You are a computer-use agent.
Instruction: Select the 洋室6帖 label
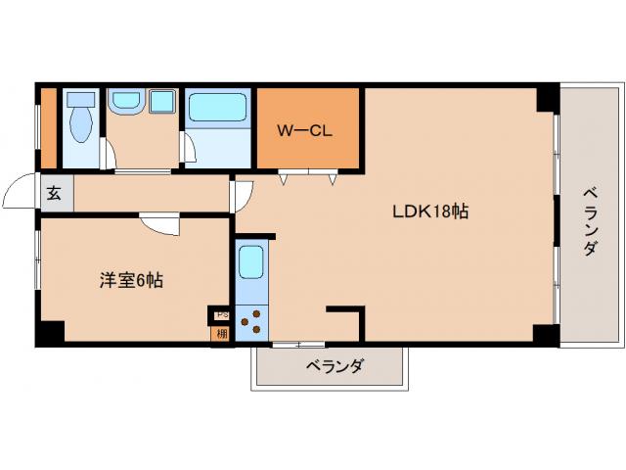click(130, 280)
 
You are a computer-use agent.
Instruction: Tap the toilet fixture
click(80, 125)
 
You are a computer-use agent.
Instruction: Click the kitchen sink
click(251, 263)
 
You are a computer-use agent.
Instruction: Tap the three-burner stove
click(251, 321)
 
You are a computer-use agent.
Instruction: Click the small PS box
click(221, 315)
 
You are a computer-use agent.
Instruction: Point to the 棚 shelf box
click(221, 333)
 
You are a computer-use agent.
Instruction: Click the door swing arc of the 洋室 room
click(159, 225)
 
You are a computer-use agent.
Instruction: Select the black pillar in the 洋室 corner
click(48, 332)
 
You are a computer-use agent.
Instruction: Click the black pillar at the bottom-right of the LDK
click(546, 333)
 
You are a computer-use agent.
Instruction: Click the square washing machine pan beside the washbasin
click(159, 101)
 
